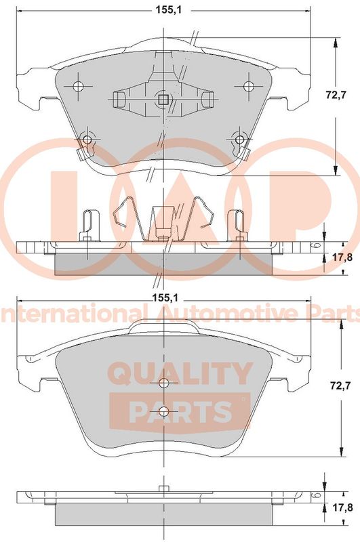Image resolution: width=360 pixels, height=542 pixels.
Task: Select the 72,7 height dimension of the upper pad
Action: (x=336, y=95)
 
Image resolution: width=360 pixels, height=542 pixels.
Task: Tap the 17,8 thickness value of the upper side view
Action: (x=342, y=257)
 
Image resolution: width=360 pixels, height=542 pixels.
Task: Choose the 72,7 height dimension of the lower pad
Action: (x=340, y=385)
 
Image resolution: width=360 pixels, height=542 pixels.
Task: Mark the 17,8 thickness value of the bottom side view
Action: (x=342, y=507)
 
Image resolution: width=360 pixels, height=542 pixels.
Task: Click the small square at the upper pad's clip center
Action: (x=163, y=100)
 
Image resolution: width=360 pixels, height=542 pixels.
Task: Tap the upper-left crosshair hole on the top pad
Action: (x=79, y=86)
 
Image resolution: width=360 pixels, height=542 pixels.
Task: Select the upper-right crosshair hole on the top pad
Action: (x=247, y=86)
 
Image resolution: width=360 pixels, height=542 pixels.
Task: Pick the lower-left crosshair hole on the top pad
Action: (x=87, y=140)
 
